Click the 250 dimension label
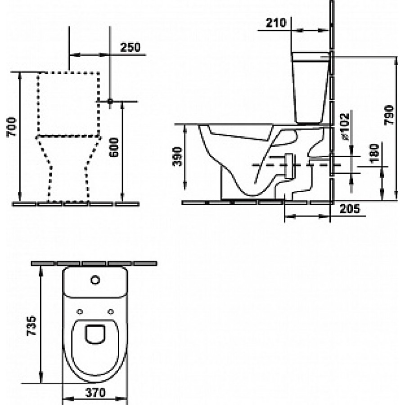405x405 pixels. click(130, 47)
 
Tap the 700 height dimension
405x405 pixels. click(12, 127)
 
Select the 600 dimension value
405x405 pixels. click(114, 148)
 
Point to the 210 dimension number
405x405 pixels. click(276, 23)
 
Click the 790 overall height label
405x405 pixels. click(389, 115)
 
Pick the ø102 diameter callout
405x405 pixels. click(345, 126)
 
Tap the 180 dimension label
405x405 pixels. click(374, 153)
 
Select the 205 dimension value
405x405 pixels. click(350, 208)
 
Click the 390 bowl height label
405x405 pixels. click(177, 157)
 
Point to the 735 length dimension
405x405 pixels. click(31, 325)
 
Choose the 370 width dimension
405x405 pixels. click(95, 393)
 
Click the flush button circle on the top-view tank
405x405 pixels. click(95, 280)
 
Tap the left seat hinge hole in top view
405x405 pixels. click(80, 312)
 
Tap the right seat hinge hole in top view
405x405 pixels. click(111, 312)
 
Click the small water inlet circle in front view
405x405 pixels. click(110, 101)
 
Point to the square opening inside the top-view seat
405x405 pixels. click(95, 334)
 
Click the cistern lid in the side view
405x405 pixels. click(311, 57)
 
